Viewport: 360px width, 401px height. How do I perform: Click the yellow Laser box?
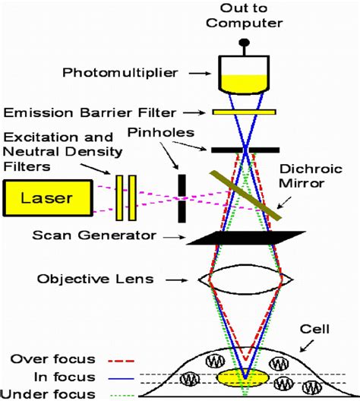[x=47, y=198]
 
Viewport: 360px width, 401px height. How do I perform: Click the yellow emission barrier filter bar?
[x=244, y=112]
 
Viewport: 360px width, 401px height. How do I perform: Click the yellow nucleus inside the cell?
[x=245, y=376]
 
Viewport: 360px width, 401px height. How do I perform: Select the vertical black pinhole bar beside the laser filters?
[x=182, y=198]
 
